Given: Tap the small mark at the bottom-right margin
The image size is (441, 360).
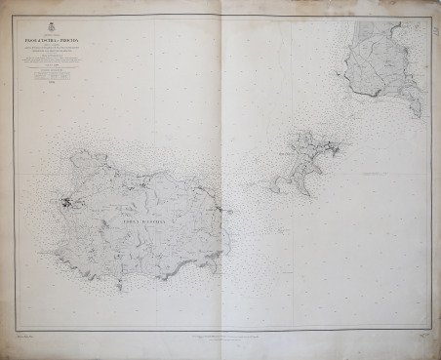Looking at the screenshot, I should [x=421, y=338].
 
